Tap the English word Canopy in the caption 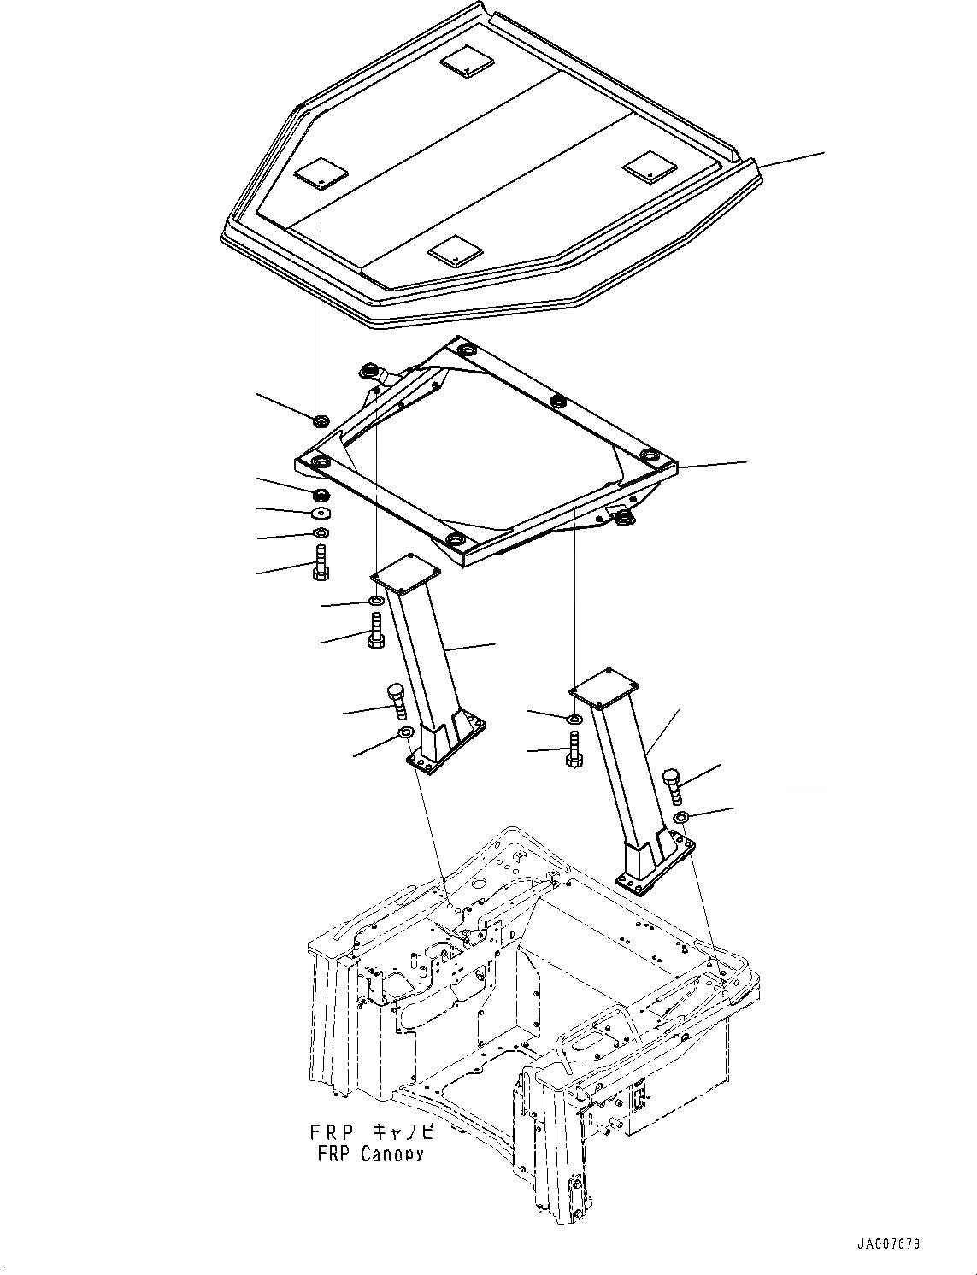tap(392, 1155)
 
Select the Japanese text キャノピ tap(403, 1133)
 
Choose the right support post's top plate tap(605, 686)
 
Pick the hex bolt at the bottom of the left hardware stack tap(321, 565)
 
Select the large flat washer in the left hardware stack tap(321, 513)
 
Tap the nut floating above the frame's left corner tap(321, 420)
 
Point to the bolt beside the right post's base tap(674, 785)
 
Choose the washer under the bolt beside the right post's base tap(680, 819)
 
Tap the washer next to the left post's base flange tap(406, 732)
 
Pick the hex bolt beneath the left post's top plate tap(377, 632)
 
